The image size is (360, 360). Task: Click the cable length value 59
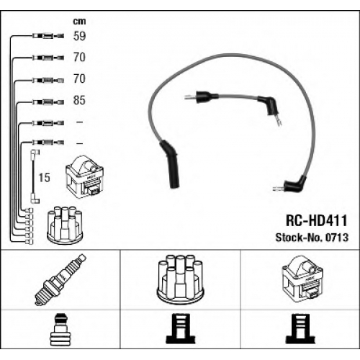[79, 36]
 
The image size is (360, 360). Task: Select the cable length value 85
[79, 100]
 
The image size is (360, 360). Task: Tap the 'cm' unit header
[79, 22]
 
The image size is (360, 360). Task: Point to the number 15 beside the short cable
[44, 178]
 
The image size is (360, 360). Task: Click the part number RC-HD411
[317, 220]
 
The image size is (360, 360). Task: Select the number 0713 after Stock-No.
[337, 238]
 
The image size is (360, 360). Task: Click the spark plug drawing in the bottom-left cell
[60, 280]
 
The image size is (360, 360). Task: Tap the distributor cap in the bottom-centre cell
[180, 279]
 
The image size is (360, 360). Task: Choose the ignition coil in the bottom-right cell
[302, 279]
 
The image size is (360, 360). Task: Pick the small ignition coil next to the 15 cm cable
[85, 176]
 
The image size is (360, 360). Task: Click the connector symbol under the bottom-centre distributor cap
[181, 328]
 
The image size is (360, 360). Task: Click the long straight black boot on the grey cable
[170, 163]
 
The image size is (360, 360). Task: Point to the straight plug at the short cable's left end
[202, 96]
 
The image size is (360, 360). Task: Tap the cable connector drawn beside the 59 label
[48, 36]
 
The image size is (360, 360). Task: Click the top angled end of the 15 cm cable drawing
[35, 153]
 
